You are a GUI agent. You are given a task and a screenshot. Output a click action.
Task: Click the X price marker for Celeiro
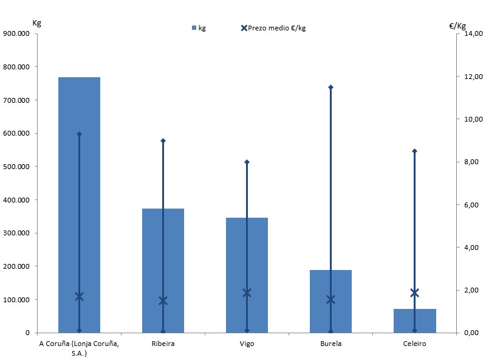(415, 292)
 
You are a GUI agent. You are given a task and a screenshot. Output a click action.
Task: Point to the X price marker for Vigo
(247, 292)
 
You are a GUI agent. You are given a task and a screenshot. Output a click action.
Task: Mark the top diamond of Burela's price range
(331, 87)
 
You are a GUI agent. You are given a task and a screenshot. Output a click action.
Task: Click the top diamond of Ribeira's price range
(163, 140)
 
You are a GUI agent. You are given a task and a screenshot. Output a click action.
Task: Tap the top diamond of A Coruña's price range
(79, 134)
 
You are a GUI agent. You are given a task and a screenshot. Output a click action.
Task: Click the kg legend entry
(199, 28)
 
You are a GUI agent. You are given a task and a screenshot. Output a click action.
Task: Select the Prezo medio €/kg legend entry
(274, 28)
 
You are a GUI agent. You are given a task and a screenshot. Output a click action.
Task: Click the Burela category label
(331, 344)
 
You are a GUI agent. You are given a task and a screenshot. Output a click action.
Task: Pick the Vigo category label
(247, 344)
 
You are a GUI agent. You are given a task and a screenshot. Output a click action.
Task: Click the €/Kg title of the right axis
(457, 26)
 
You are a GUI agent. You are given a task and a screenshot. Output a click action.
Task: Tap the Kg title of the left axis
(36, 23)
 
